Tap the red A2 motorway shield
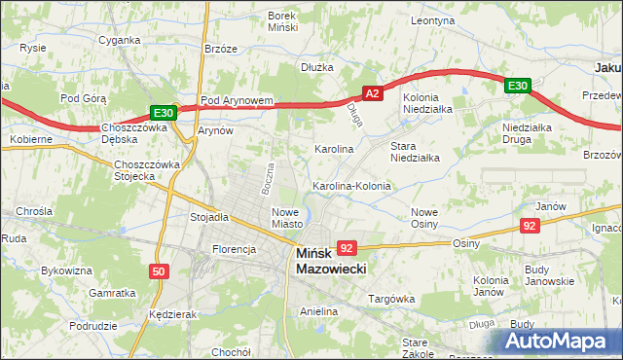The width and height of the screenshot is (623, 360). pos(371,93)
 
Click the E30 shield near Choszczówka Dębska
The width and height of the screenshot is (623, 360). pos(163,113)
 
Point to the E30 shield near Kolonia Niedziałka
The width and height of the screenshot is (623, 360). pos(517,87)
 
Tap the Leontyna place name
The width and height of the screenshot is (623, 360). pos(433,19)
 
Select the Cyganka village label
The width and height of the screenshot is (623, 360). pos(120,41)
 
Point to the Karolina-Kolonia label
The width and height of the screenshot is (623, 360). pos(351,186)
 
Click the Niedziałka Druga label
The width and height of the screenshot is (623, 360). pos(528,133)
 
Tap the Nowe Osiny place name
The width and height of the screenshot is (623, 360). pos(424,218)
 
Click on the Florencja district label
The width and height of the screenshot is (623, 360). pos(234,249)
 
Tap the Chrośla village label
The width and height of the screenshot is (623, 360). pos(34,211)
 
